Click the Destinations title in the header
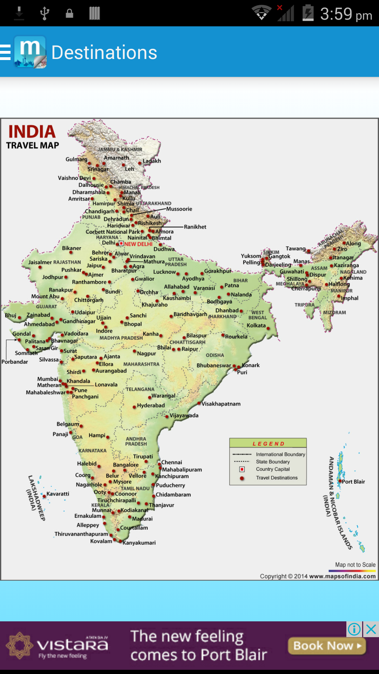(104, 53)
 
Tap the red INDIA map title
(32, 132)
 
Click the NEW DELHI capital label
(138, 244)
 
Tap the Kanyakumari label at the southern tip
(139, 543)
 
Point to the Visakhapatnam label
(221, 404)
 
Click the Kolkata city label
(256, 325)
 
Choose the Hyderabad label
(151, 405)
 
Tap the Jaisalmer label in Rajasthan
(40, 262)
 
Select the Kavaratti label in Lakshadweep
(58, 494)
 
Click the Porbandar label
(15, 362)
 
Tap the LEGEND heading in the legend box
(268, 444)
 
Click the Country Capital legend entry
(273, 469)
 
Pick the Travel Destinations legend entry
(277, 478)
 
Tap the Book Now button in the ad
(327, 646)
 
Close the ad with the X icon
(371, 629)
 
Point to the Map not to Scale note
(355, 565)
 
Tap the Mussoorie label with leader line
(179, 209)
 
